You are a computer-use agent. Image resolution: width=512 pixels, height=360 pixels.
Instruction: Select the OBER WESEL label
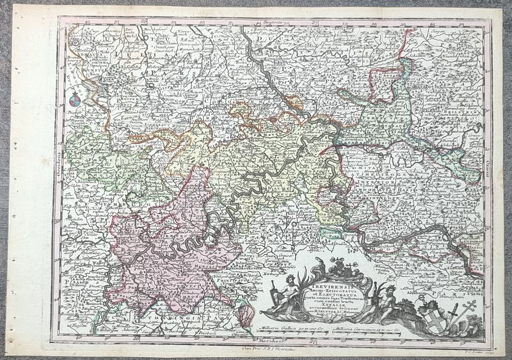(x=333, y=217)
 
